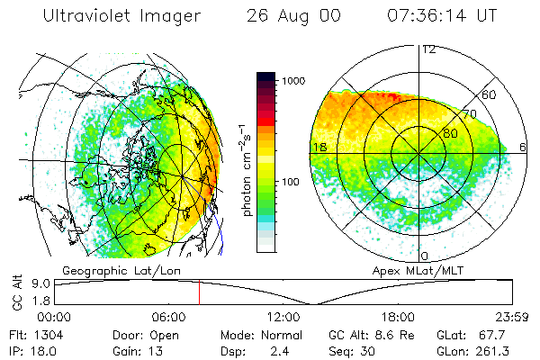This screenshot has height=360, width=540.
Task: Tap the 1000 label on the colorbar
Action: [x=296, y=81]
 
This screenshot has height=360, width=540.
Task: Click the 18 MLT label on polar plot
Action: [x=319, y=147]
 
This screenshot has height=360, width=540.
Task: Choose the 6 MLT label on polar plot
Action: [x=524, y=147]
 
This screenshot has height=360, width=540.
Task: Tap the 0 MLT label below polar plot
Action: [x=424, y=256]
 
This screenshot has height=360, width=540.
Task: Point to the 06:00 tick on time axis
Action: [x=169, y=316]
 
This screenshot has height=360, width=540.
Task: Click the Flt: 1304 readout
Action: [x=31, y=333]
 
